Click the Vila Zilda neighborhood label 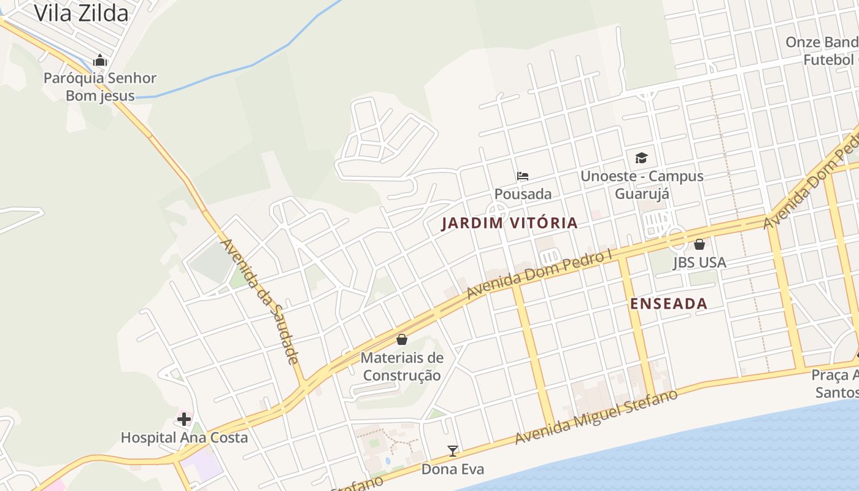click(81, 13)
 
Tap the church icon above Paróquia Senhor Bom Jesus click(100, 60)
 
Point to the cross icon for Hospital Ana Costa click(183, 419)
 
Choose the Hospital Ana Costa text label click(184, 438)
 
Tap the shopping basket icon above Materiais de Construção click(402, 339)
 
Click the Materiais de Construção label click(402, 366)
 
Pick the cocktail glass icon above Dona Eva click(453, 451)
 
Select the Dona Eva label click(453, 470)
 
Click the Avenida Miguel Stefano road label click(596, 417)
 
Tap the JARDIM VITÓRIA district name click(510, 223)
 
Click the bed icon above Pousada click(523, 176)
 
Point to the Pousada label click(523, 194)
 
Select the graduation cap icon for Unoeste click(642, 158)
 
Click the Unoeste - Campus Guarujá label click(642, 185)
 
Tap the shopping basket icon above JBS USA click(699, 244)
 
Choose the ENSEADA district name click(669, 304)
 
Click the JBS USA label click(699, 263)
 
